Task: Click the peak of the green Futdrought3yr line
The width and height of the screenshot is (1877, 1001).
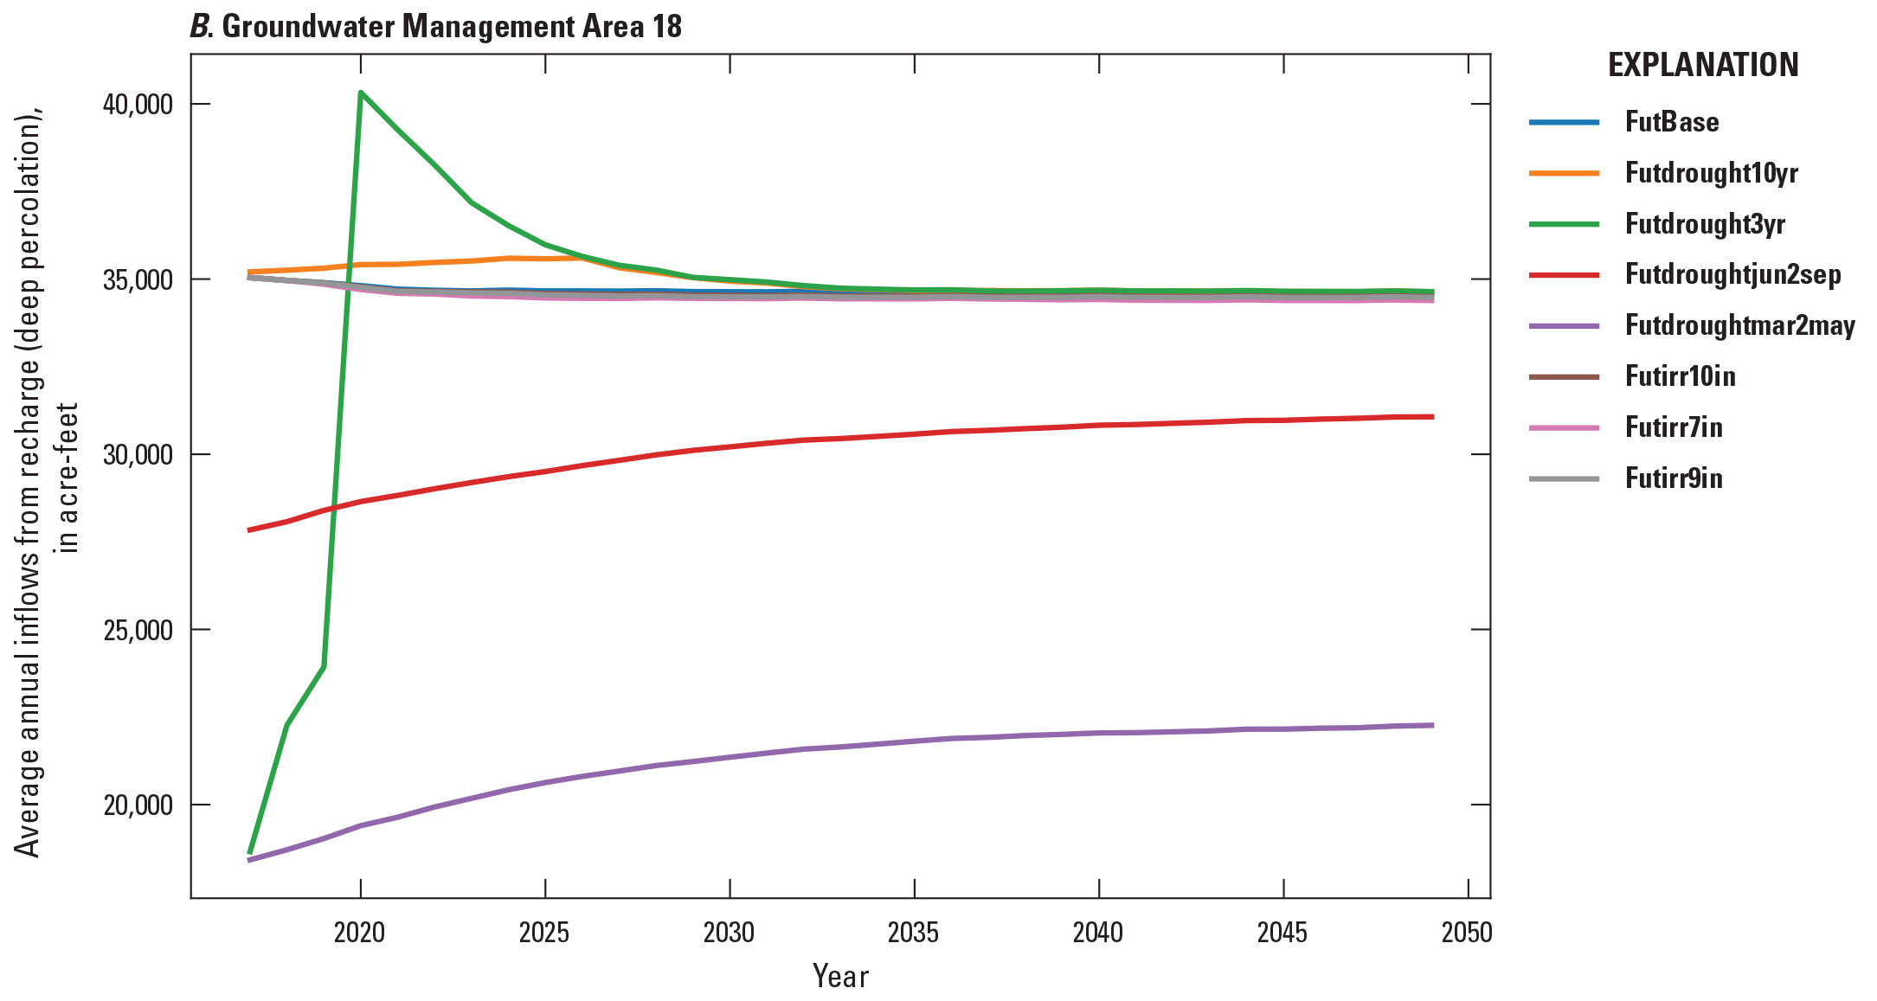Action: point(360,92)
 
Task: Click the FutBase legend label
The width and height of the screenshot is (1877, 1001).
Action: point(1671,122)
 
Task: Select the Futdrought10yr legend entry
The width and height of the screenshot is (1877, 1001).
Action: point(1711,173)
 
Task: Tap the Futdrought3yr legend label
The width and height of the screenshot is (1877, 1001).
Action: point(1705,224)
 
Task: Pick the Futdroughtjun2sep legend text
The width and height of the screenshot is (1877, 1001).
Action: point(1732,275)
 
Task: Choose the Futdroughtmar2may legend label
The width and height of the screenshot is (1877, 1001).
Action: point(1739,326)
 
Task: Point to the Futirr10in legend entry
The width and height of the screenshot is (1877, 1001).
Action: point(1680,376)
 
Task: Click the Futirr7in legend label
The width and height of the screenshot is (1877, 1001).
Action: point(1673,427)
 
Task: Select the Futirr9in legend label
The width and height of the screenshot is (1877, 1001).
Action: point(1673,478)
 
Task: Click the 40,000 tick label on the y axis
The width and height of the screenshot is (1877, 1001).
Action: point(138,105)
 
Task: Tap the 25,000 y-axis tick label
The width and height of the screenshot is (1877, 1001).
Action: point(138,630)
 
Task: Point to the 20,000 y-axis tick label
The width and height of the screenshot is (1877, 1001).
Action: point(138,805)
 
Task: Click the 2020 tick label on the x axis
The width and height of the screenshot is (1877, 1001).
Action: point(360,933)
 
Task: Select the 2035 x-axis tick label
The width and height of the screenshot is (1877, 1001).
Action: point(914,933)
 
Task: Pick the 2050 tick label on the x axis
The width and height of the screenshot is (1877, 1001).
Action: point(1467,933)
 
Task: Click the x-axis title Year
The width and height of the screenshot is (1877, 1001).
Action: point(840,977)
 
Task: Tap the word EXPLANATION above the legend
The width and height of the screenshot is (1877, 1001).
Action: point(1702,66)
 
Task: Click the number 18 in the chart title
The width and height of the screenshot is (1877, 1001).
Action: point(667,27)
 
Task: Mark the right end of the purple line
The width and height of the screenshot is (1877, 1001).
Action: point(1432,725)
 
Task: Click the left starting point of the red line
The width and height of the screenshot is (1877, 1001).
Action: point(250,529)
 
